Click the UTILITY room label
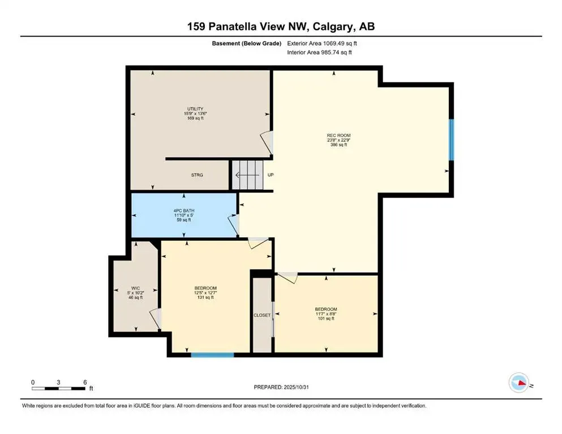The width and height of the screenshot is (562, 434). (195, 109)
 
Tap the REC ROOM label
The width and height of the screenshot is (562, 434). (338, 135)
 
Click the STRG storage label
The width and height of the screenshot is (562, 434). (196, 175)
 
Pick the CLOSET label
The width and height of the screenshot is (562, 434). (262, 315)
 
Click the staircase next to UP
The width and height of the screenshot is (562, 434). (248, 175)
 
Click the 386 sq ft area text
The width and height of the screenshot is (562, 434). (338, 145)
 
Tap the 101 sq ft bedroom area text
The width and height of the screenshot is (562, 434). (326, 319)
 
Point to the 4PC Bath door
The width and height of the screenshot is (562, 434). (234, 225)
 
